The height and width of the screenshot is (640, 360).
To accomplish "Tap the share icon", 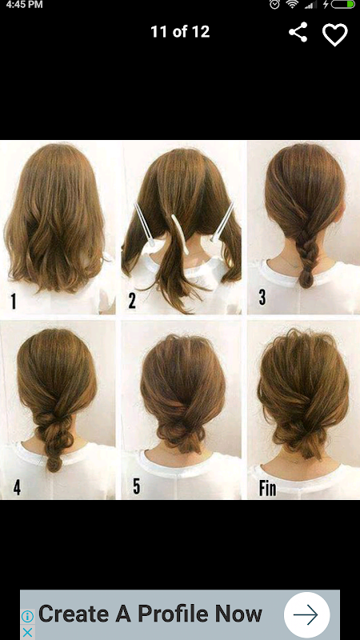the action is (x=298, y=32).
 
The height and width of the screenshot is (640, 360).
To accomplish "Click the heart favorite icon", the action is (x=335, y=34).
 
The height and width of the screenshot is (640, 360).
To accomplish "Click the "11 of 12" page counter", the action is (x=180, y=32).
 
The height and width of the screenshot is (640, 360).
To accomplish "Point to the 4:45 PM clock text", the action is (x=25, y=5).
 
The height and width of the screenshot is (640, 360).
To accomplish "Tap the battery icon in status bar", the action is (x=343, y=4).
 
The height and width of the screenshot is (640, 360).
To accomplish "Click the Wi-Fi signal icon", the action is (x=292, y=4).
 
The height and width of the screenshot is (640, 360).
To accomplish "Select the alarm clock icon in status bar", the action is (x=274, y=4).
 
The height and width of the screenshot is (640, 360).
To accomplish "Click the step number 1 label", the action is (x=14, y=302).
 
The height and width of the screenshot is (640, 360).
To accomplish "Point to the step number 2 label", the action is (x=132, y=301).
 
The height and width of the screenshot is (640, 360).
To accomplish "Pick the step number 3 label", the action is (x=262, y=298).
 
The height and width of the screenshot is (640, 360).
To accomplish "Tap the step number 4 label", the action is (x=17, y=487).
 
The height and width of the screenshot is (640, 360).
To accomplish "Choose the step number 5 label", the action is (x=136, y=486).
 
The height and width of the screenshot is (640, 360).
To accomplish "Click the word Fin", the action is (x=267, y=488).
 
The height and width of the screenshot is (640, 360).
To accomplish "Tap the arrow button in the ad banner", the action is (x=306, y=614).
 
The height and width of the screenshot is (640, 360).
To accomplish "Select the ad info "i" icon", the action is (x=27, y=616).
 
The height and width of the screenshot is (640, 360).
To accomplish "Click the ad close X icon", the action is (x=27, y=632).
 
